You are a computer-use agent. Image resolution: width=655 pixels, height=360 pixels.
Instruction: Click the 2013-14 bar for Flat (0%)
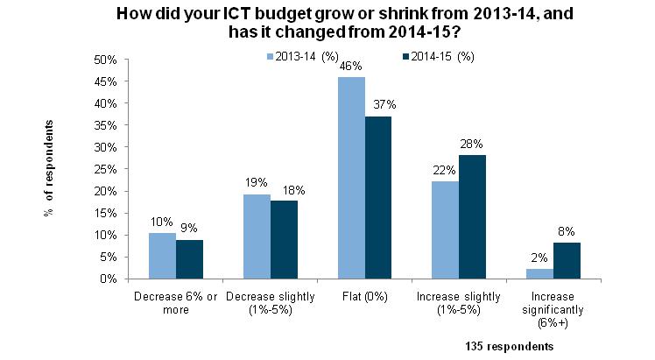pos(352,178)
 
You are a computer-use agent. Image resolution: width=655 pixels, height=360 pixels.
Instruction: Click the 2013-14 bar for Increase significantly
pos(539,273)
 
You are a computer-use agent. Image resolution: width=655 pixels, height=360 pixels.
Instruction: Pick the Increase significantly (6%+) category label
pos(553,308)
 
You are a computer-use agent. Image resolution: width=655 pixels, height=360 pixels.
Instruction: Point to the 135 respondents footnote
pos(509,346)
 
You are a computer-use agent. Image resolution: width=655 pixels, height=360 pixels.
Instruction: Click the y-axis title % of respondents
pos(50,167)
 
